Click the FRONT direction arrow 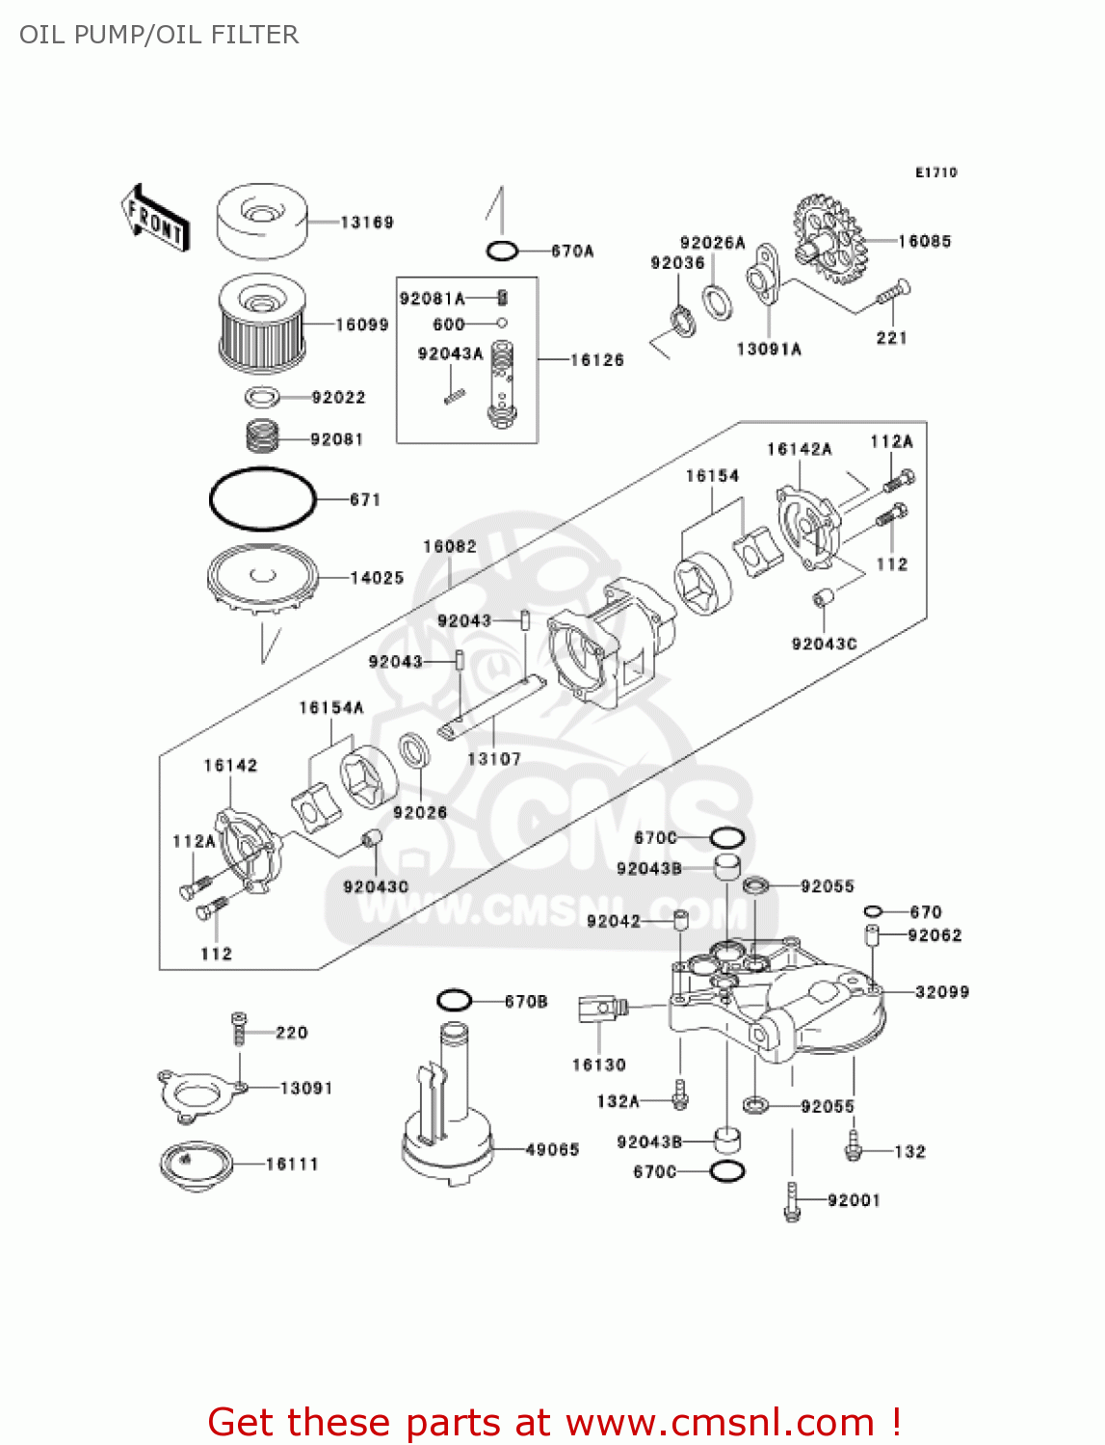(x=154, y=219)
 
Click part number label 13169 (x=367, y=223)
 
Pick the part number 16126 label (x=597, y=360)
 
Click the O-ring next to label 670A (x=502, y=251)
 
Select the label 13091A (x=769, y=350)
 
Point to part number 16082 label (x=450, y=547)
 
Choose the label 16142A (x=800, y=449)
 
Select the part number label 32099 (x=942, y=992)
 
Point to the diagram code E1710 (x=935, y=172)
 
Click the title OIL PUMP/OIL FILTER (x=159, y=35)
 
